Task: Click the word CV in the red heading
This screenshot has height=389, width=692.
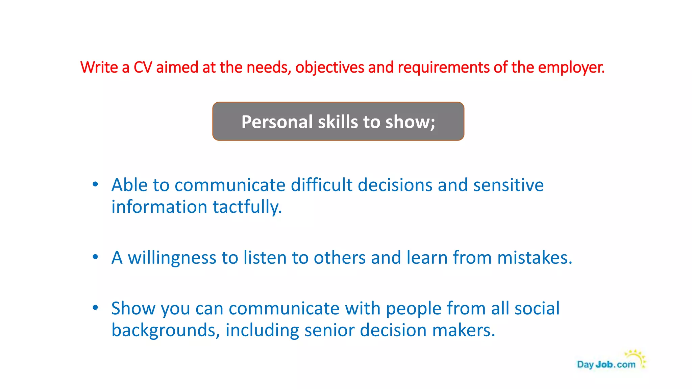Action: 143,68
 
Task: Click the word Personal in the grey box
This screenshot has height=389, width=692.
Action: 277,122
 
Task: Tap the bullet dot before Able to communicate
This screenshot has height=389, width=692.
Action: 95,184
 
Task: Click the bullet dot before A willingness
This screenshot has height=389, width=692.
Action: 95,257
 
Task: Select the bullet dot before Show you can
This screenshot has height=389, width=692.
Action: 95,308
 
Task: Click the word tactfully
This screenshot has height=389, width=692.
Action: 247,207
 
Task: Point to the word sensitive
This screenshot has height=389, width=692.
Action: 508,185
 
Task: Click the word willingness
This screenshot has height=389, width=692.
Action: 172,258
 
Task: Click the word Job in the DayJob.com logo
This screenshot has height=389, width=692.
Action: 604,365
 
